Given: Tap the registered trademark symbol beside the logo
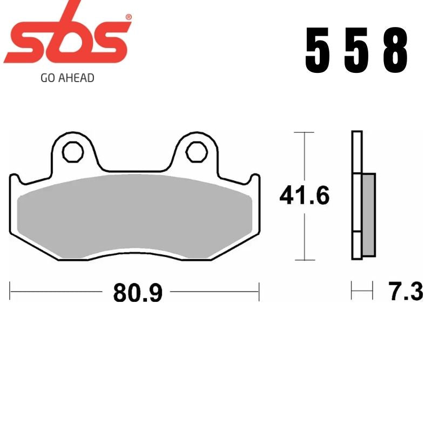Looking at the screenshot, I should (128, 17).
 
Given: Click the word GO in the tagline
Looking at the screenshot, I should (46, 78).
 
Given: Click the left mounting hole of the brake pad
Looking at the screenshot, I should (71, 153).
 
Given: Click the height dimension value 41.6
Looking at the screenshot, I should (304, 195).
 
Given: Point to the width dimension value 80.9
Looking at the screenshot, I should (138, 293).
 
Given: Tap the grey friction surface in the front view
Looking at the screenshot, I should (135, 216).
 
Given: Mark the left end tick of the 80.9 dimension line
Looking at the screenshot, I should (11, 292).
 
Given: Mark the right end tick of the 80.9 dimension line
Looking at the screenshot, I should (260, 292).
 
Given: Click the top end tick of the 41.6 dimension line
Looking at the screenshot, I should (305, 132).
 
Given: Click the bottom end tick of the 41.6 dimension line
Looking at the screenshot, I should (305, 260).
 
